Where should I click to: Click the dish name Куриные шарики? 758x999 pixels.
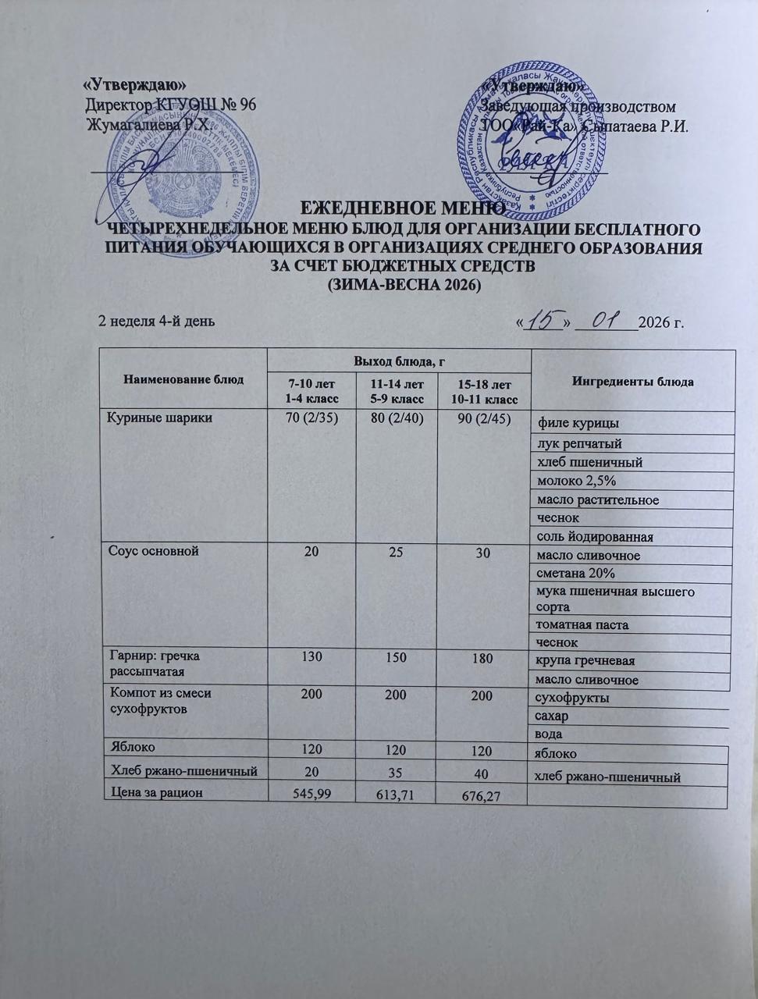click(159, 418)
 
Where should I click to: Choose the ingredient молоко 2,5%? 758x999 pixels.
click(577, 481)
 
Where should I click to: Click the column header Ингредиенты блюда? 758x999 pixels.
click(633, 382)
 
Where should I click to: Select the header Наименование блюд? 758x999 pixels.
click(183, 379)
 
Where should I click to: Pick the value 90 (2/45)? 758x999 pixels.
click(482, 419)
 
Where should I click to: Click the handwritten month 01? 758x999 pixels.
click(606, 319)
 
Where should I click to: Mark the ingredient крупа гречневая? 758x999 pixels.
click(587, 660)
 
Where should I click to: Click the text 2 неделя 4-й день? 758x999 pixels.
click(155, 321)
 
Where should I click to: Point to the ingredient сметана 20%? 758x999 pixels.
click(575, 573)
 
